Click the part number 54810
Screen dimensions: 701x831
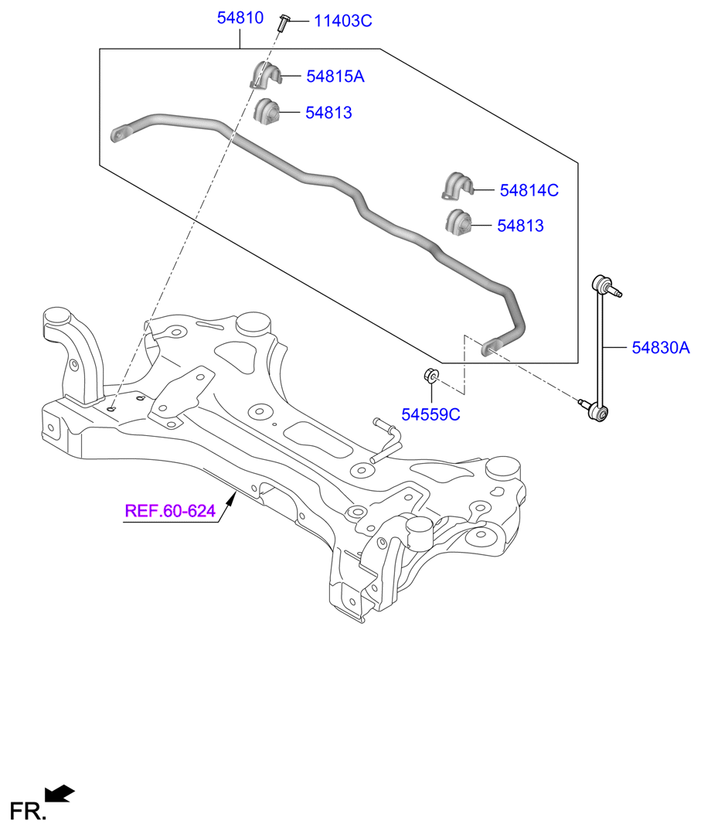tap(240, 18)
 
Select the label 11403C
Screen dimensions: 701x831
tap(343, 21)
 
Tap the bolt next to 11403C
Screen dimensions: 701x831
tap(283, 22)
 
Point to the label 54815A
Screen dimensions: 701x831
tap(335, 77)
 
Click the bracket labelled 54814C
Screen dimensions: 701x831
tap(458, 186)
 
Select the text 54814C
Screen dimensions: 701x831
tap(529, 190)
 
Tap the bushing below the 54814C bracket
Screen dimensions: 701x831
tap(458, 223)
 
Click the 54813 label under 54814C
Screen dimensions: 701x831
tap(520, 226)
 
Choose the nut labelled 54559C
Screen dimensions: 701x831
tap(431, 375)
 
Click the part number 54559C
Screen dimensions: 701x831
tap(430, 414)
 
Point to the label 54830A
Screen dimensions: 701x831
tap(661, 348)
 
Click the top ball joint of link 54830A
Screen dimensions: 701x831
tap(602, 284)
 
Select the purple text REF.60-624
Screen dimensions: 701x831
tap(170, 511)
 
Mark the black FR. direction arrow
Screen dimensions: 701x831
tap(60, 793)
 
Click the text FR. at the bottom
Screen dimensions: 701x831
tap(28, 812)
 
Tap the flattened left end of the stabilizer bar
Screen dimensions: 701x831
tap(121, 133)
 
